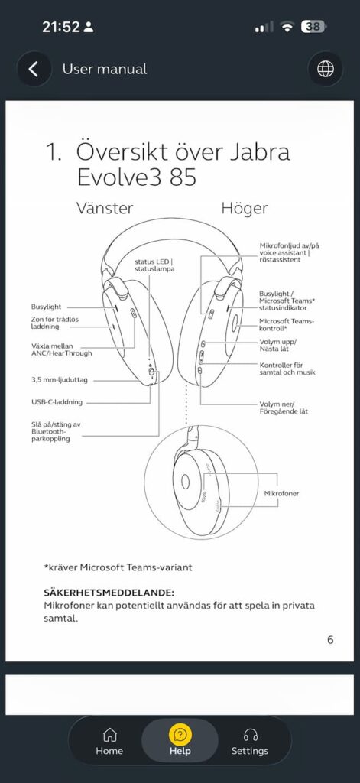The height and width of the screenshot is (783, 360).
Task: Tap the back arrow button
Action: tap(34, 69)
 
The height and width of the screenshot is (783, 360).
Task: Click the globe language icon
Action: tap(326, 69)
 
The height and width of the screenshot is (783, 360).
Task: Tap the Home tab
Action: tap(109, 741)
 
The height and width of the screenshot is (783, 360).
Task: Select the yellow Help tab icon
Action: tap(180, 735)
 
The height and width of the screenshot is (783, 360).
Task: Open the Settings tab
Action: tap(250, 741)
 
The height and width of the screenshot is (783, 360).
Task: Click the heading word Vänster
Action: tap(105, 208)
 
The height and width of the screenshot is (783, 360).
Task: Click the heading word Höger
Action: tap(245, 208)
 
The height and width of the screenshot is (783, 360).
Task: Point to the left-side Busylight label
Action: tap(47, 307)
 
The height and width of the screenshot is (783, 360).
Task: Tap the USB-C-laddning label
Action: tap(57, 401)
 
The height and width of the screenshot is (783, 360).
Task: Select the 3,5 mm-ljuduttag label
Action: tap(60, 380)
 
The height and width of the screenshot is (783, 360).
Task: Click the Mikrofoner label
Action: tap(281, 493)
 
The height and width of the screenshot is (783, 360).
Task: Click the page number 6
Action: tap(330, 640)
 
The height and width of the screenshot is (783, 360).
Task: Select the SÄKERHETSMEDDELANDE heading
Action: tap(109, 593)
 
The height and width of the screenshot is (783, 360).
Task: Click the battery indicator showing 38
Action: tap(313, 27)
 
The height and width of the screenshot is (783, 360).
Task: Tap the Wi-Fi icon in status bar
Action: tap(287, 27)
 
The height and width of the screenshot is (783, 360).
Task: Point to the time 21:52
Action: tap(61, 27)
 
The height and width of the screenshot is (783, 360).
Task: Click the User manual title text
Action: tap(105, 69)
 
